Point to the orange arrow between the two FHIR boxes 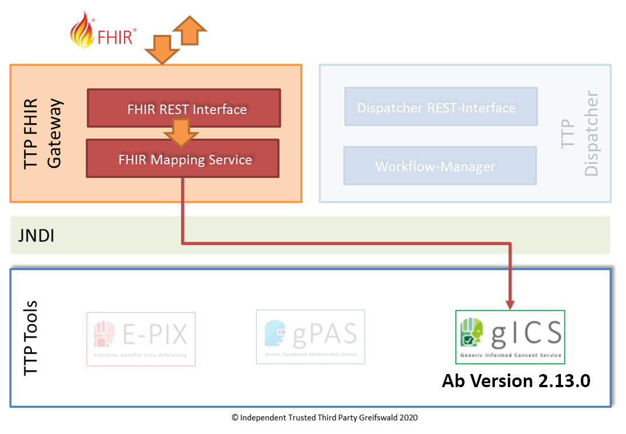tap(181, 134)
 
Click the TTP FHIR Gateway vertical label tap(43, 134)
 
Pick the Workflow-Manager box tap(439, 166)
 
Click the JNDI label tap(37, 235)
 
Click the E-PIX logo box tap(141, 339)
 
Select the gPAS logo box tap(310, 336)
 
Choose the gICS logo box tap(510, 337)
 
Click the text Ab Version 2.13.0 tap(516, 381)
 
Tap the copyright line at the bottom tap(324, 417)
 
